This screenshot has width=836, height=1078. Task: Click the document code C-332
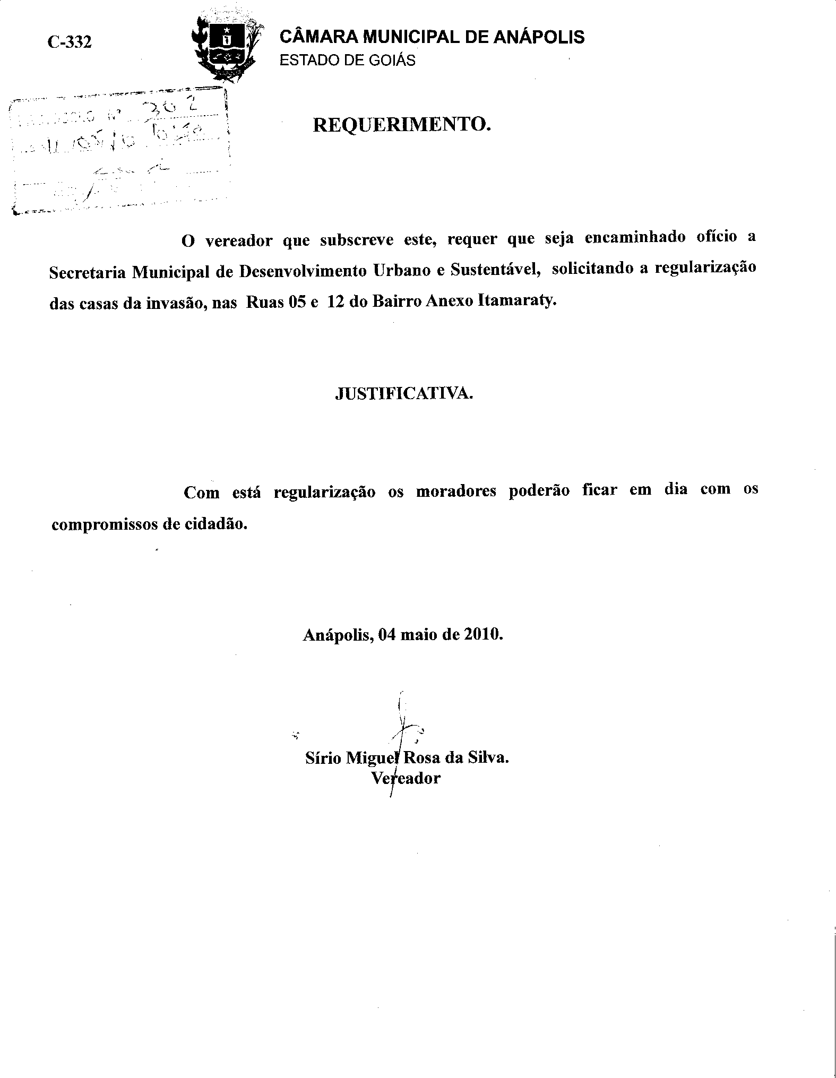pos(70,42)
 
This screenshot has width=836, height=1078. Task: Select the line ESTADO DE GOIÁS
pos(347,61)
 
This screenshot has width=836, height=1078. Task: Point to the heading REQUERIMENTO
pos(400,125)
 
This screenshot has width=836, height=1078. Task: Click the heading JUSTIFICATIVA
pos(403,393)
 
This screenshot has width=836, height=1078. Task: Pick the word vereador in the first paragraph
pos(239,242)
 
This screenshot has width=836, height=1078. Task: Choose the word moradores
pos(455,491)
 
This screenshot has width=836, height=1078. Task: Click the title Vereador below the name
pos(406,779)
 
